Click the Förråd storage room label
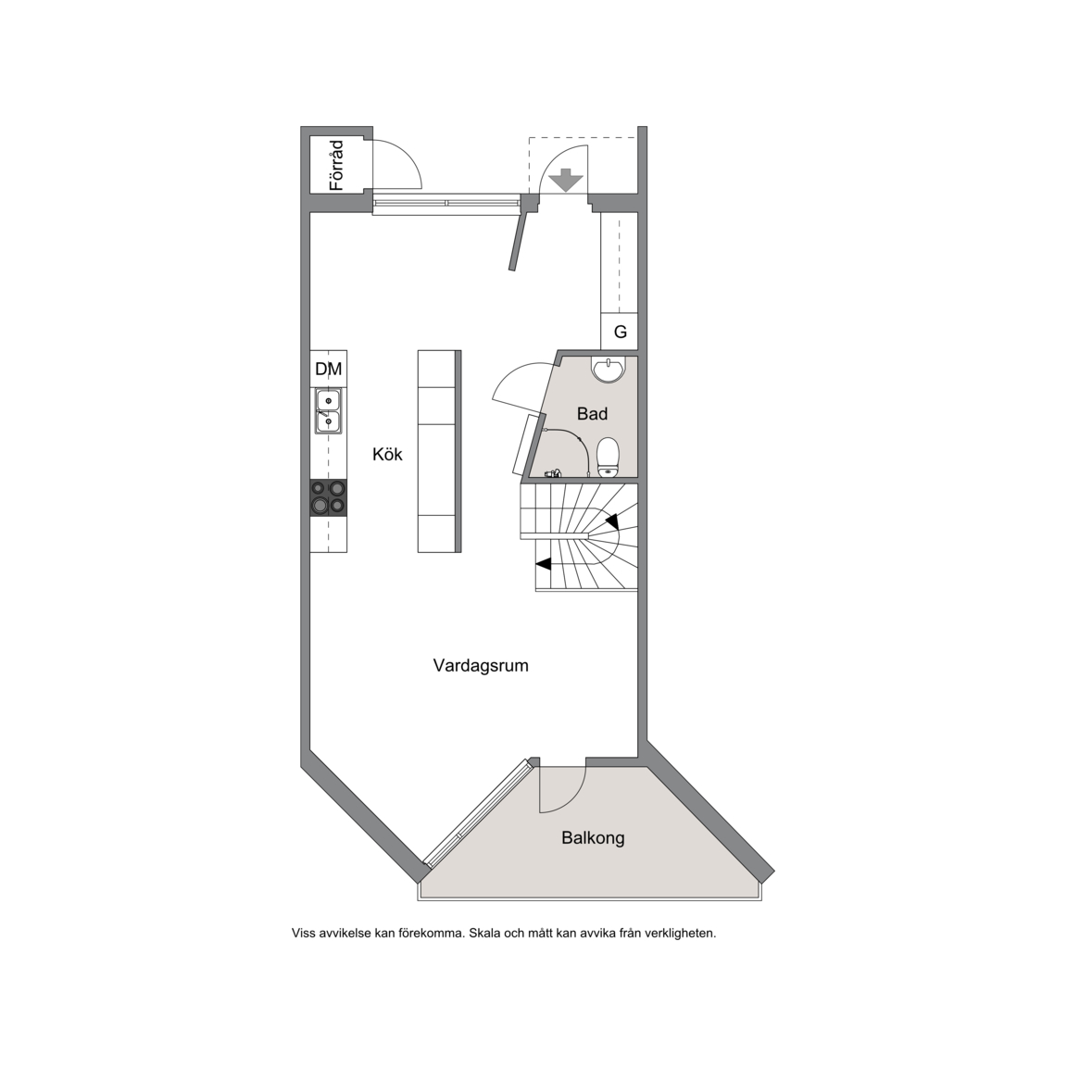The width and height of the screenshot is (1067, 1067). coord(335,166)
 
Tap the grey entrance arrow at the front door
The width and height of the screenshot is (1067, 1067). coord(566,181)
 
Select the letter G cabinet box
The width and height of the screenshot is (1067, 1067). coord(620,333)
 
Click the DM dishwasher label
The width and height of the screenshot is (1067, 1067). coord(328,369)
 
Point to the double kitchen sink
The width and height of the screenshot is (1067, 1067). coord(328,411)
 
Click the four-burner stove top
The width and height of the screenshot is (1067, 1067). coord(328,497)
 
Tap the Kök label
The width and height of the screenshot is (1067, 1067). coord(387,454)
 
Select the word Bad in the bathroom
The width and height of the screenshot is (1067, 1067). coord(592,413)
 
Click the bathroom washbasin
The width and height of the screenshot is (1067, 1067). coord(606,369)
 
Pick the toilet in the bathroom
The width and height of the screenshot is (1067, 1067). coord(608,458)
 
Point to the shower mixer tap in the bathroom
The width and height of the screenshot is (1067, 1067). coord(554,472)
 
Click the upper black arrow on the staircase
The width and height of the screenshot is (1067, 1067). coord(611,521)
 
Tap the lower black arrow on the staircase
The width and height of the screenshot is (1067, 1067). coord(544,563)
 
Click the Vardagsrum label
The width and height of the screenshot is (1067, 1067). coord(481,666)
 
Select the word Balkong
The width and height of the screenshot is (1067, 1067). coord(593,837)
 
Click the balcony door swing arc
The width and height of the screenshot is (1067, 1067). coord(573,798)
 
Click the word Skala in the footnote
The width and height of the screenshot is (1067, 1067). coord(484,933)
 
